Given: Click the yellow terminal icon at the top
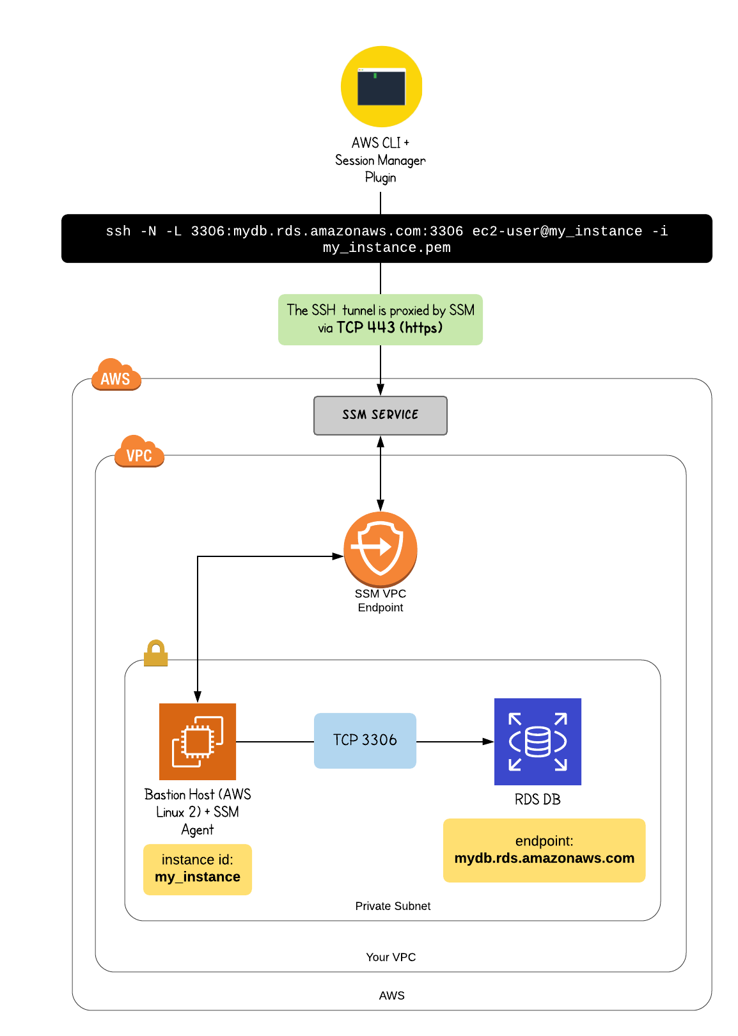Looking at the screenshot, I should click(x=381, y=86).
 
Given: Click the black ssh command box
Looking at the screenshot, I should click(x=386, y=239).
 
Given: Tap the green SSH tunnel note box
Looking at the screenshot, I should click(x=380, y=320).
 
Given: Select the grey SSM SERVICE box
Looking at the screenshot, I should click(x=380, y=416).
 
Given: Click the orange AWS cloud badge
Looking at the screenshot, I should click(x=116, y=376).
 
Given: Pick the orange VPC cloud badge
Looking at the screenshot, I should click(x=139, y=453).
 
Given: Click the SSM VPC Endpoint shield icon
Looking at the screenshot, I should click(x=381, y=548).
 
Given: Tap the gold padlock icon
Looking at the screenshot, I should click(x=155, y=653).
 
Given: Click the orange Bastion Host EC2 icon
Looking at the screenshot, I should click(x=198, y=742).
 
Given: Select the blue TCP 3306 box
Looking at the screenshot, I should click(x=365, y=741).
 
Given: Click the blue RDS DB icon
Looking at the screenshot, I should click(x=537, y=742).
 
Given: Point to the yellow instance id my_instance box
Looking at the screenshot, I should click(x=198, y=869).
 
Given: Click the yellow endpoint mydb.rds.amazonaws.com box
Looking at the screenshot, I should click(x=544, y=851).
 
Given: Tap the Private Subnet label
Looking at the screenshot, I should click(x=393, y=906).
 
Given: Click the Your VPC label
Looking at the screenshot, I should click(x=391, y=957).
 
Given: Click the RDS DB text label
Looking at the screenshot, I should click(x=537, y=799).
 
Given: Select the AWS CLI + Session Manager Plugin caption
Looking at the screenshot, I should click(x=381, y=160).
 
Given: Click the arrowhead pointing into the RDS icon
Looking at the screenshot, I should click(x=488, y=742).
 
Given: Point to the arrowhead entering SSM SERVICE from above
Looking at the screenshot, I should click(x=381, y=389).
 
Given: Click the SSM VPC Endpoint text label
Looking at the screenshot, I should click(x=381, y=600).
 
